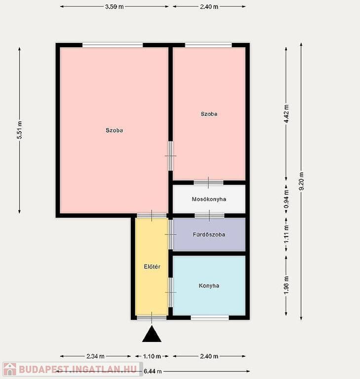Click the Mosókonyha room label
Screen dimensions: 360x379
coord(209,199)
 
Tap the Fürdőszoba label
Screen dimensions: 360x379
coord(209,234)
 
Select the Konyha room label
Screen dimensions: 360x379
coord(209,286)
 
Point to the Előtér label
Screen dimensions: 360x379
coord(152,266)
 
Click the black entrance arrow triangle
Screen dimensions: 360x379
coord(152,334)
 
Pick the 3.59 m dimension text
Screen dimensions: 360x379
coord(114,7)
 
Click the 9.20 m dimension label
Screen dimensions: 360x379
coord(301,181)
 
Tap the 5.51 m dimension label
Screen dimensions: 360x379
coord(20,130)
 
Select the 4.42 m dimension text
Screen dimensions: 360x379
coord(286,114)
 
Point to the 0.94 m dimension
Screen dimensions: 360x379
coord(286,199)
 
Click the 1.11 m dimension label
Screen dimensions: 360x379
coord(286,234)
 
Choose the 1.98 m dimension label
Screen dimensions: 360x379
coord(286,285)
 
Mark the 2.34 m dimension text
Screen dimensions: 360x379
coord(96,356)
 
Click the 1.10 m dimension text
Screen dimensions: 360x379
coord(152,356)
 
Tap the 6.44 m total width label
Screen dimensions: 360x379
coord(153,371)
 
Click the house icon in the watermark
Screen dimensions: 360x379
coord(10,369)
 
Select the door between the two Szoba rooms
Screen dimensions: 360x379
coord(170,156)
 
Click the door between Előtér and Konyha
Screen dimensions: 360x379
coord(171,292)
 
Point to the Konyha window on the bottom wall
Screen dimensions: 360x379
coord(209,317)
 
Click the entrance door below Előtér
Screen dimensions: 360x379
coord(152,318)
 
